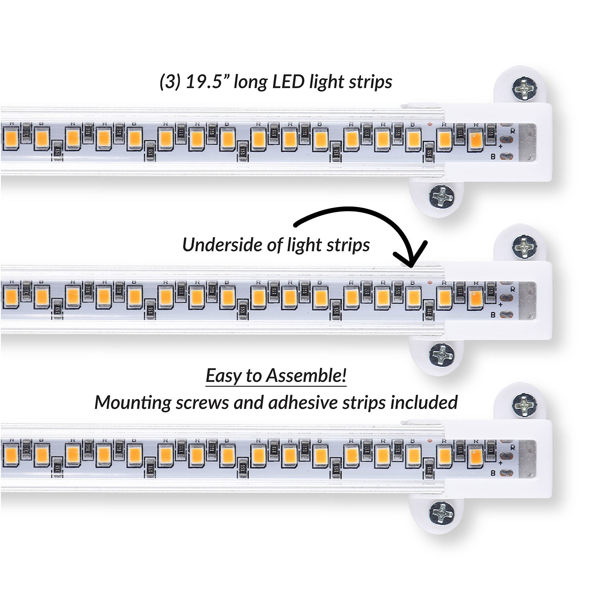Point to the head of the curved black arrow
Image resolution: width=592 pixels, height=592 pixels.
tap(412, 260)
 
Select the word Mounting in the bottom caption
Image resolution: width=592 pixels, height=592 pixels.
tap(133, 403)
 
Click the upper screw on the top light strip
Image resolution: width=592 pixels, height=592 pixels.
tap(524, 88)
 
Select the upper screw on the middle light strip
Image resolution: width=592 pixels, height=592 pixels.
tap(524, 246)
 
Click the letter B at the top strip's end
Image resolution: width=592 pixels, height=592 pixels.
tap(493, 157)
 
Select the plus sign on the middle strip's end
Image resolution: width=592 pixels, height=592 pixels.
tap(500, 305)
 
